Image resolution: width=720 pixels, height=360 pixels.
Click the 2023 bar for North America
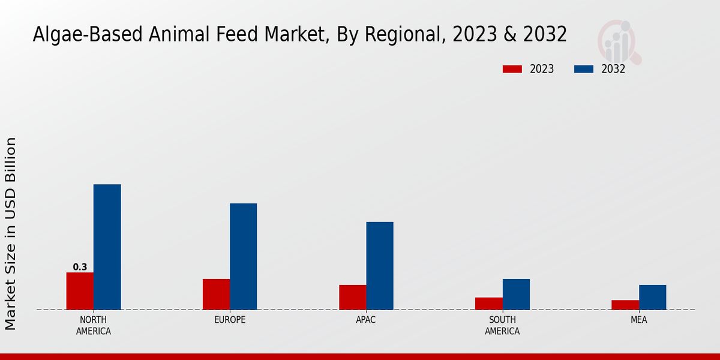tap(80, 291)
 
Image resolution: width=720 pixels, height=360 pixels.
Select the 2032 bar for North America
tap(107, 247)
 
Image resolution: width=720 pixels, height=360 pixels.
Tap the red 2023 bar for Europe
tap(216, 294)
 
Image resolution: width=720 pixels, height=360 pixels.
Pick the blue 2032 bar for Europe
tap(243, 256)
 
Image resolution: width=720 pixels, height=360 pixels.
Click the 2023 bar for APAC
tap(353, 297)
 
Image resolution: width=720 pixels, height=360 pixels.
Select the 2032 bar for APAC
tap(380, 266)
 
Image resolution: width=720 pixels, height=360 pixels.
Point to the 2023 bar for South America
tap(489, 304)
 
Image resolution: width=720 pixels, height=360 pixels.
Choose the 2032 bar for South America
tap(516, 294)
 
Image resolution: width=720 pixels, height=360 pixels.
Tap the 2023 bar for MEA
tap(625, 305)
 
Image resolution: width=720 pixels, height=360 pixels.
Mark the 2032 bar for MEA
tap(652, 297)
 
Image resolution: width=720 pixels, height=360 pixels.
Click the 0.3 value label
tap(80, 267)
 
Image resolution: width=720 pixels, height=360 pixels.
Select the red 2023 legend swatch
tap(512, 69)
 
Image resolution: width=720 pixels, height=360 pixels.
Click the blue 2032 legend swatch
tap(583, 69)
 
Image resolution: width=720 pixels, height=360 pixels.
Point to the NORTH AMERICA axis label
tap(94, 325)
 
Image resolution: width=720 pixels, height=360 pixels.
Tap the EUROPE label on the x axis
tap(230, 320)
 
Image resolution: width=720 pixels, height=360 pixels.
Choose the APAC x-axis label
tap(366, 320)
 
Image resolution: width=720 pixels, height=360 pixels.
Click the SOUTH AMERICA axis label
tap(502, 325)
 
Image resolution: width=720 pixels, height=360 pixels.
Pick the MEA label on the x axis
tap(638, 320)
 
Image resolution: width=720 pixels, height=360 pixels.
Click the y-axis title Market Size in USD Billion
tap(11, 233)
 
